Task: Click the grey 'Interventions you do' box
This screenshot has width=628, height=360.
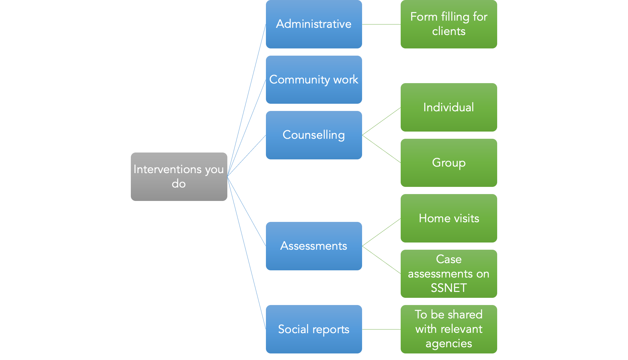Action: point(179,177)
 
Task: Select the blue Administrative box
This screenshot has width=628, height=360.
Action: point(314,24)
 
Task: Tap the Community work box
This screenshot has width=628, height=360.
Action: point(314,80)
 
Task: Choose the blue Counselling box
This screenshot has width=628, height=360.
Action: point(314,135)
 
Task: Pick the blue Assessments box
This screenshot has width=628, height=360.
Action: point(314,246)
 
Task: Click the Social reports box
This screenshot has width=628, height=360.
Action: point(314,329)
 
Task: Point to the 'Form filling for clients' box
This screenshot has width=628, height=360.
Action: point(449,24)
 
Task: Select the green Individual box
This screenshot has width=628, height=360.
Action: point(449,107)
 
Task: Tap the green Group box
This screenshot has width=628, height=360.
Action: point(449,163)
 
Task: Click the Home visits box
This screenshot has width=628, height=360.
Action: point(449,218)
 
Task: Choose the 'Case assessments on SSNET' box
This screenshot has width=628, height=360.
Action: point(449,274)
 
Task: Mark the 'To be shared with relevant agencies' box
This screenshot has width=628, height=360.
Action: point(449,329)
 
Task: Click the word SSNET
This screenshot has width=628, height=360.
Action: point(449,288)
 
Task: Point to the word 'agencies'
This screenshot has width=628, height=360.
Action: point(449,344)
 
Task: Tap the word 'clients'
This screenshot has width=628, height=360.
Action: point(449,31)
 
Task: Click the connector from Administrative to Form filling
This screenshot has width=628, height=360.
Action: point(381,24)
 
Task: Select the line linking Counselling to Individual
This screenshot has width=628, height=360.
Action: point(381,121)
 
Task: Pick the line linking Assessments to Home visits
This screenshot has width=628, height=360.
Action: point(381,232)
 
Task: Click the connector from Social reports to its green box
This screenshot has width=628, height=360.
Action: point(381,329)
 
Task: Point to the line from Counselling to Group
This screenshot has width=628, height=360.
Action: point(381,149)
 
